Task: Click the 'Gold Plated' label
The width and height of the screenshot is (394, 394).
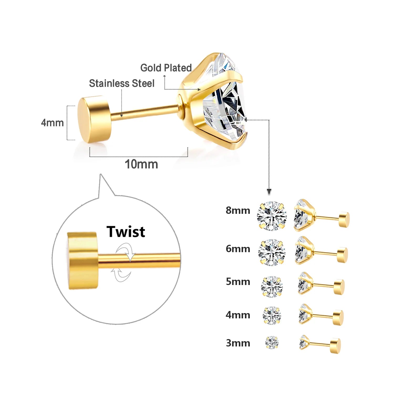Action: coord(166,68)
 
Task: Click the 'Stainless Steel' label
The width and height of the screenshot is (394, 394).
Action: coord(122,84)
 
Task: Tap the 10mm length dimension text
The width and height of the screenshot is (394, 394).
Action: coord(141,164)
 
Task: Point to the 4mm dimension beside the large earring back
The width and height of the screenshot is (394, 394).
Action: coord(52,123)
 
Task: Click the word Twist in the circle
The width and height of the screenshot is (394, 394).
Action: coord(126,232)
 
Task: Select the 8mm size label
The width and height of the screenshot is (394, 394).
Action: coord(238,210)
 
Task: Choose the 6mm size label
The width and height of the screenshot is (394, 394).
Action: coord(238,248)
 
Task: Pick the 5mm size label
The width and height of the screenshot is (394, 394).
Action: coord(238,282)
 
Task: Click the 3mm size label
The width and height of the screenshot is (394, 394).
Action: coord(238,343)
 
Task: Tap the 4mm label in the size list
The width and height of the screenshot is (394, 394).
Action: coord(238,315)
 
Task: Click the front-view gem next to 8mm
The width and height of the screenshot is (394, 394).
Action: coord(272,216)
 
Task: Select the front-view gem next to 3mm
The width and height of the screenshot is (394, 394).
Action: coord(272,343)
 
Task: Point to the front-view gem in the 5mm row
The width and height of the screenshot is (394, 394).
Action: coord(272,287)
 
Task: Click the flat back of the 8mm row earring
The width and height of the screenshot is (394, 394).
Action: coord(344,219)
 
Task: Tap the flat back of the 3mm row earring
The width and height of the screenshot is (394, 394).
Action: coord(335,346)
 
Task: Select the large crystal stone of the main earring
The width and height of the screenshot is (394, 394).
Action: coord(226,105)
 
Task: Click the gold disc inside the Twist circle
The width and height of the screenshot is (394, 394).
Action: coord(82,261)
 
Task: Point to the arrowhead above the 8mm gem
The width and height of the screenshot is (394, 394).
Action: coord(269,191)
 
